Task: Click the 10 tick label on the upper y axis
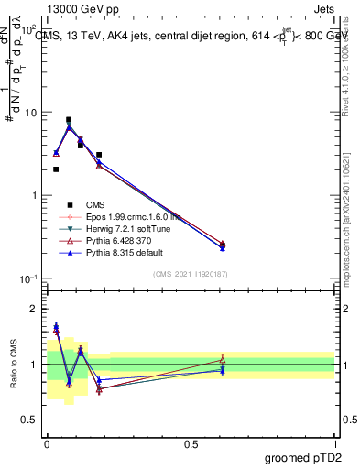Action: (x=29, y=113)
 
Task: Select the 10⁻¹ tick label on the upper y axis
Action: (x=27, y=278)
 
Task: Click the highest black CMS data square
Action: (x=69, y=120)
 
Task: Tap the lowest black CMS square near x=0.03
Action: (x=56, y=169)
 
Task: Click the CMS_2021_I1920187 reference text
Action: (x=191, y=274)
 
